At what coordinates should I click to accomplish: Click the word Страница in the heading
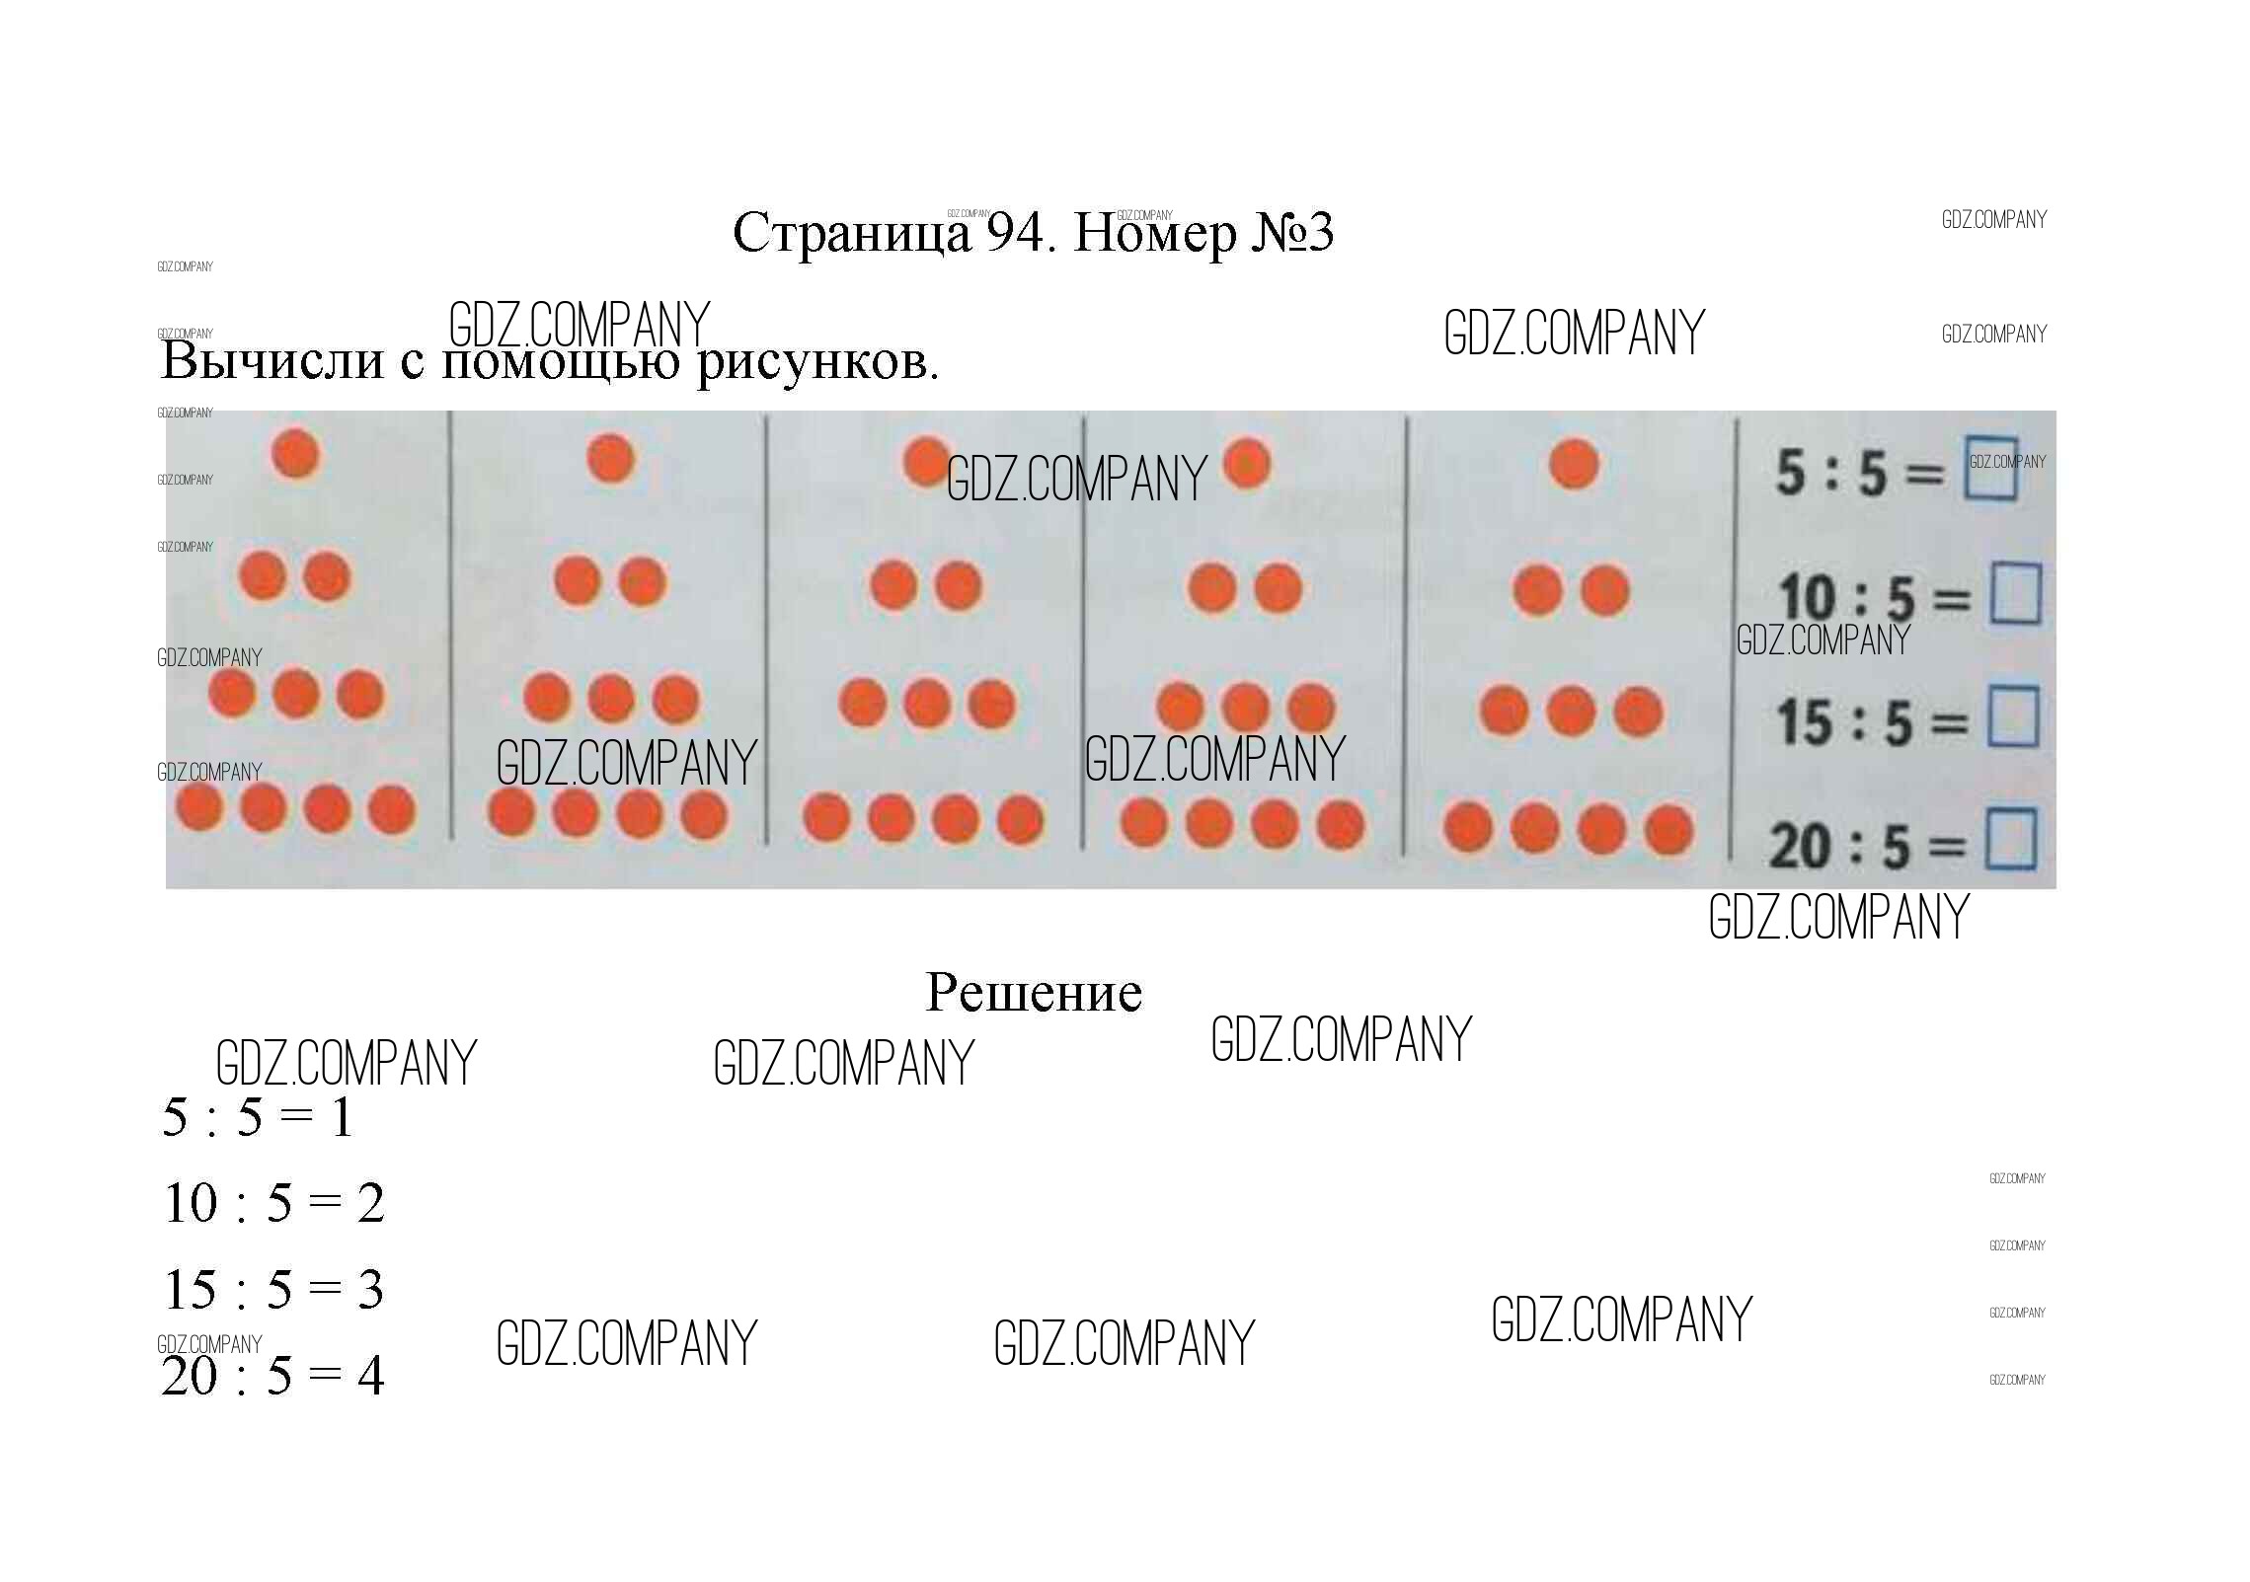pos(852,234)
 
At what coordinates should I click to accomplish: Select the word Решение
pos(1034,992)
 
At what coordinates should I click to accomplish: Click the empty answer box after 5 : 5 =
pos(1990,468)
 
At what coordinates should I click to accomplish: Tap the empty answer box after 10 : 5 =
pos(2015,593)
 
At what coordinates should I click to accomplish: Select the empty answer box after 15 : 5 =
pos(2013,717)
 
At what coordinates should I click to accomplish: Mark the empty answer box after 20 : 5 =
pos(2011,840)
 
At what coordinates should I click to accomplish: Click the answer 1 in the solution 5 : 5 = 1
pos(342,1118)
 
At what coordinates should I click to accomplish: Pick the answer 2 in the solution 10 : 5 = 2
pos(370,1204)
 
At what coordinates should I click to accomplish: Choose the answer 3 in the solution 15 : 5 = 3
pos(370,1290)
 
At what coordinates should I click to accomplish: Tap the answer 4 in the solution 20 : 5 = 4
pos(370,1376)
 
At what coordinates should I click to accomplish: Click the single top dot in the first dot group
pos(295,454)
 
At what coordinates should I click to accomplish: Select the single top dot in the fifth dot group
pos(1574,464)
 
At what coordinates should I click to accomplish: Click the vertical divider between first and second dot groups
pos(451,626)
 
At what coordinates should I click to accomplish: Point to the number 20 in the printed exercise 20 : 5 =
pos(1801,847)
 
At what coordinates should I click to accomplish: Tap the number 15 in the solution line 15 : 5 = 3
pos(191,1290)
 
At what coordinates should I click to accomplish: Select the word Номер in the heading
pos(1155,234)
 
